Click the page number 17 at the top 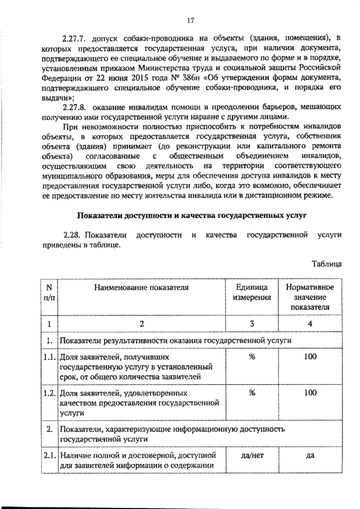pos(190,21)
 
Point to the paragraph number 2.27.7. pos(76,38)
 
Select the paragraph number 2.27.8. pos(76,106)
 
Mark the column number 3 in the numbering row pos(252,323)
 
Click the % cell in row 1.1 pos(252,357)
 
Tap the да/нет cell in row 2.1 pos(252,455)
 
